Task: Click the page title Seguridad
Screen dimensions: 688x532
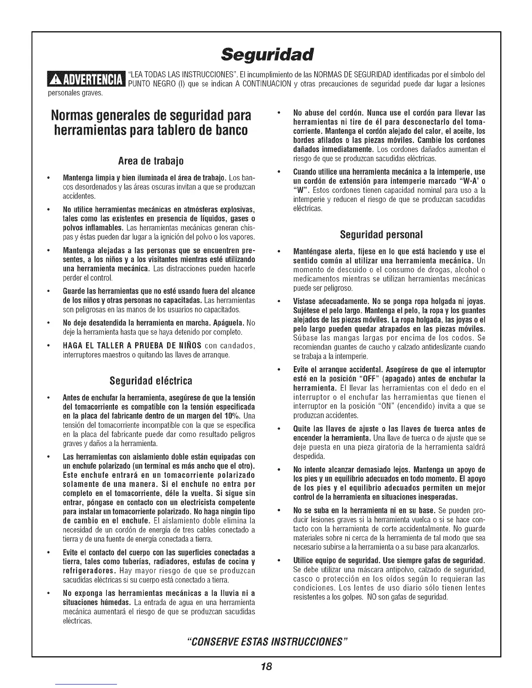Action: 266,55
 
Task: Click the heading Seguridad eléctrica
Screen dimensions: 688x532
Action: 150,381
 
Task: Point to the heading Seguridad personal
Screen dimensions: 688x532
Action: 381,235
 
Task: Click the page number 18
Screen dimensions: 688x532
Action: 266,666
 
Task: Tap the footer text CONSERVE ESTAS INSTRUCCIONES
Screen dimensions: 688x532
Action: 266,642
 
